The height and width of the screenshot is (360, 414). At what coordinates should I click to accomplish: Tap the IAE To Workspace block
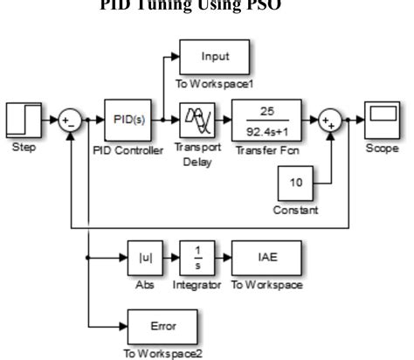pos(268,258)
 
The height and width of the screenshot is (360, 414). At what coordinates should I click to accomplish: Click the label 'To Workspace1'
pos(214,85)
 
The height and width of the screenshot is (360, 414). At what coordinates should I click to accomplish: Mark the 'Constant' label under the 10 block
pos(295,210)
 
